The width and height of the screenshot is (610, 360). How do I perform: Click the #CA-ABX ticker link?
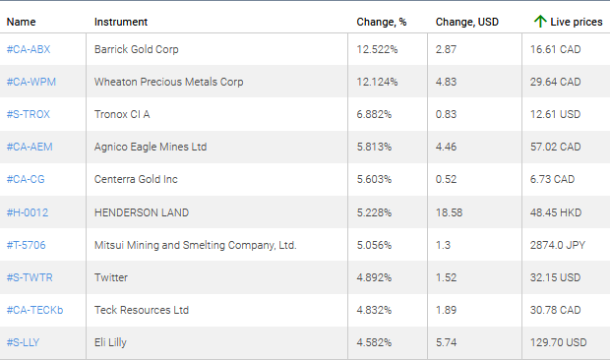pos(29,49)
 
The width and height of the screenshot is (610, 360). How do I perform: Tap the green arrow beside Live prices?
pos(539,21)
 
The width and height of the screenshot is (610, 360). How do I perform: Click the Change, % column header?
pos(381,21)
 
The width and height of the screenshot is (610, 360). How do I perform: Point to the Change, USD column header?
pos(466,21)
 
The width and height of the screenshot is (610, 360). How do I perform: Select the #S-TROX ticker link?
pos(29,114)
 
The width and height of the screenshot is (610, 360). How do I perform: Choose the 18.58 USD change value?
pos(449,212)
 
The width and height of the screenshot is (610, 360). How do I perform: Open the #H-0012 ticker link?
pos(27,212)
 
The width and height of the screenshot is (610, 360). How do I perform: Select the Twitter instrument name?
pos(110,277)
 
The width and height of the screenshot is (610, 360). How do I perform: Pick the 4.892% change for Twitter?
pos(377,277)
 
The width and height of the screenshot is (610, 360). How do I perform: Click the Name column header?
pos(21,21)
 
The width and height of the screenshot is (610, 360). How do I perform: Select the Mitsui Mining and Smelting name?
pos(195,245)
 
